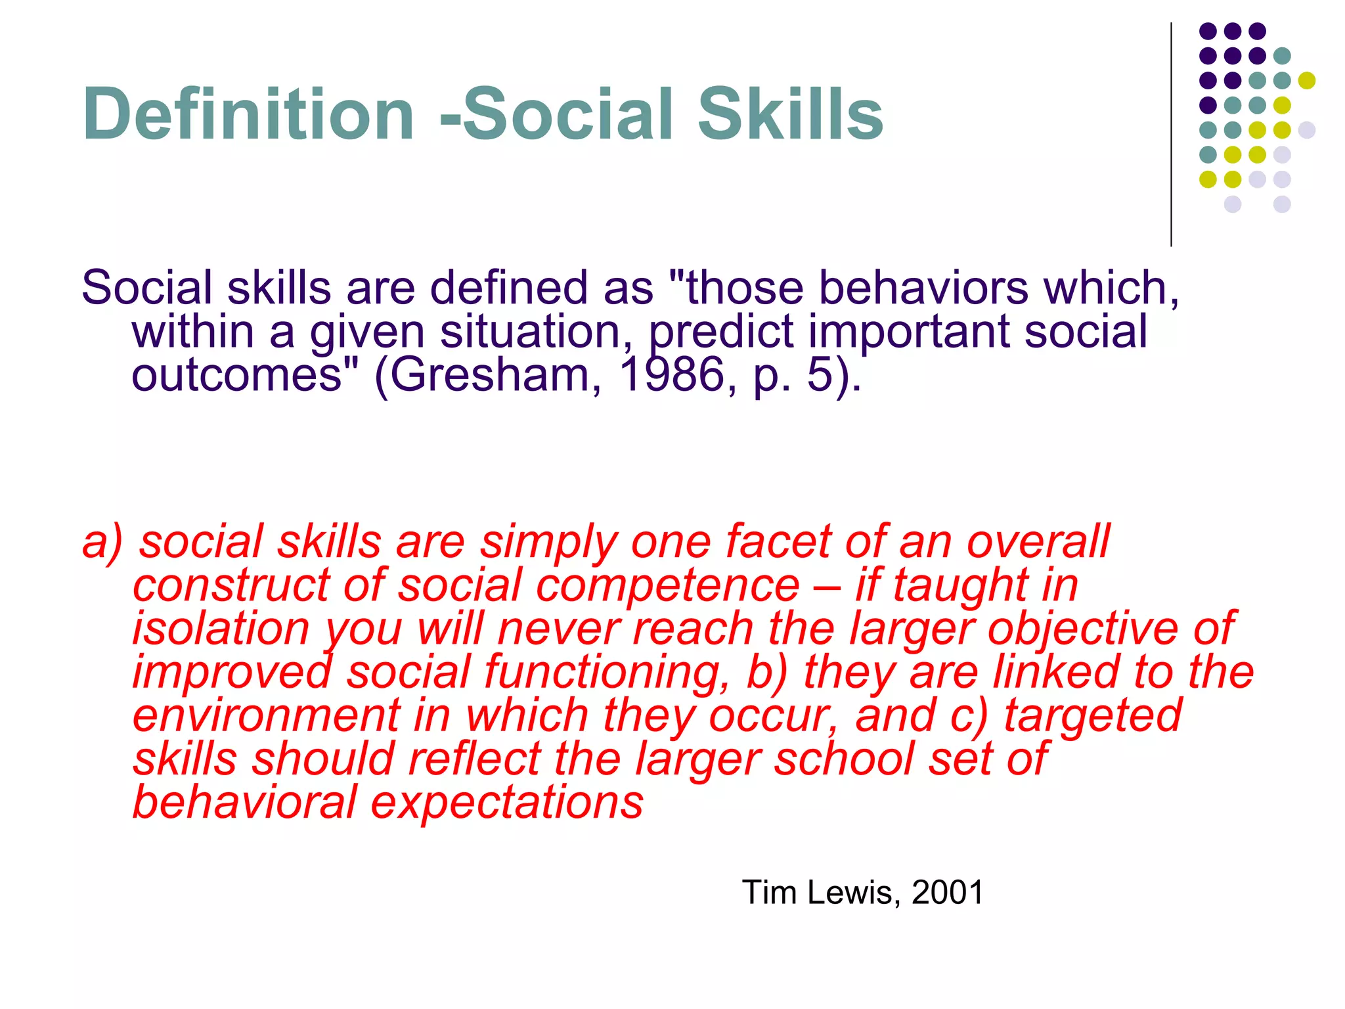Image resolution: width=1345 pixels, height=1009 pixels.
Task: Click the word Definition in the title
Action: pos(248,115)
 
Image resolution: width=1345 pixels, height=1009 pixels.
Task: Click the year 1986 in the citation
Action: pos(671,375)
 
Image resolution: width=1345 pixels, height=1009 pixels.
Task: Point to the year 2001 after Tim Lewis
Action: pos(947,893)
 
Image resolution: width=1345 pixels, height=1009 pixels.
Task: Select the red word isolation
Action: pos(221,629)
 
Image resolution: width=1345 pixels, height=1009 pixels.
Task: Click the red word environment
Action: pos(266,716)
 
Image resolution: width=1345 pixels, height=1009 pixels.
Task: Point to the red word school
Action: pos(843,759)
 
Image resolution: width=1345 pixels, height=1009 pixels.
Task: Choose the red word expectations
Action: pos(506,803)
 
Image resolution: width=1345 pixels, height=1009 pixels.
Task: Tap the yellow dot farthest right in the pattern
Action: pos(1306,81)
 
